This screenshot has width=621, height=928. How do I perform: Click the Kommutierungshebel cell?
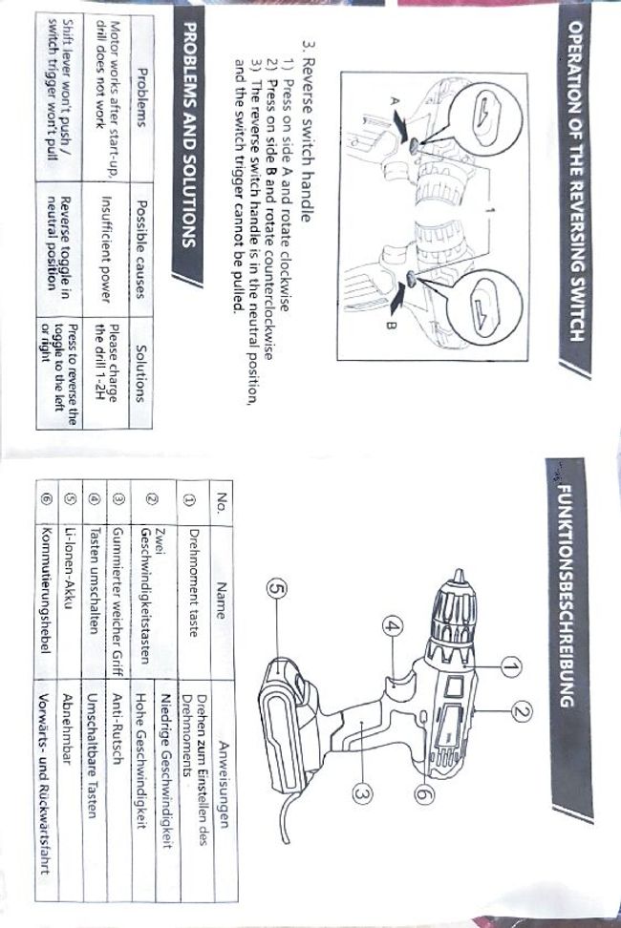click(45, 580)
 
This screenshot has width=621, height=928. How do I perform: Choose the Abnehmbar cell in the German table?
click(68, 754)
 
